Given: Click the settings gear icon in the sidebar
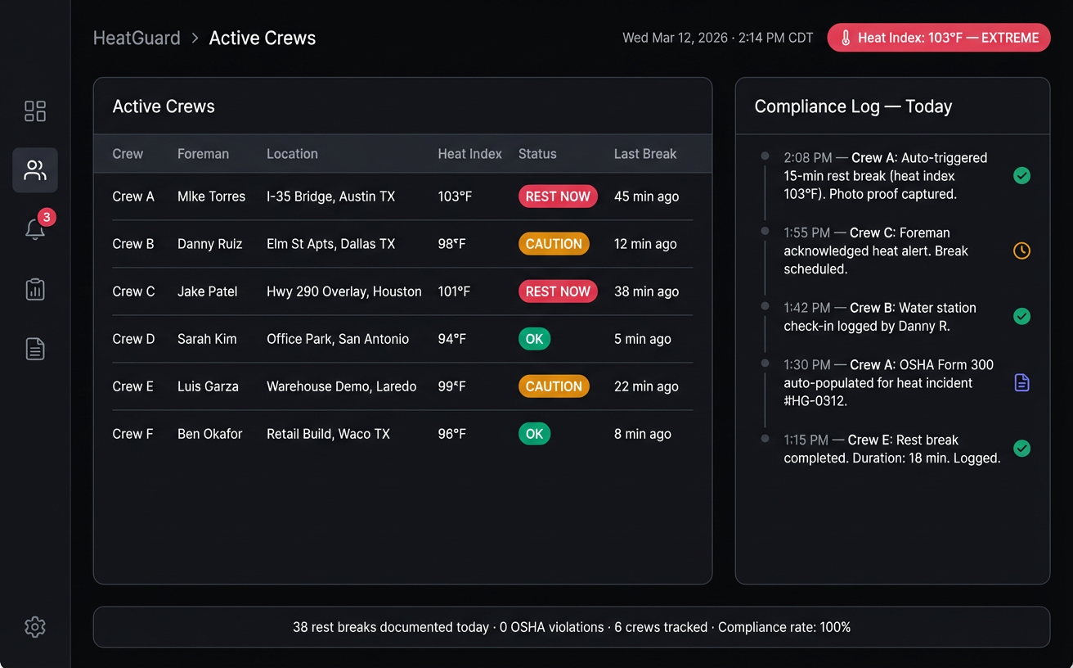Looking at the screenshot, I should point(34,627).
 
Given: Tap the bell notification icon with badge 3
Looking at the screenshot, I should point(35,229).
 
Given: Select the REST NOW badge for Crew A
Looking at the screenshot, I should point(558,196).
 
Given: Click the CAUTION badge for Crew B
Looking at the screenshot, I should point(554,244).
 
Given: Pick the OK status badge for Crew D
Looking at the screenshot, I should point(534,339).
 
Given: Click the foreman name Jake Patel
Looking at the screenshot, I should point(207,291).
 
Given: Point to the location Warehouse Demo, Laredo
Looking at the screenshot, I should point(341,386).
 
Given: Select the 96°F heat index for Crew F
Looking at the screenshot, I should point(451,434).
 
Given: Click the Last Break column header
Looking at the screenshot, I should point(645,154).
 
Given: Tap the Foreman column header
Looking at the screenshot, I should point(203,154).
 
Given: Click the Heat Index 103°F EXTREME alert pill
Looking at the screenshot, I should point(939,38).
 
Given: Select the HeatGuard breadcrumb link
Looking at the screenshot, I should point(137,38).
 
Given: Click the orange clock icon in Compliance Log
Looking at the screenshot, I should point(1021,250).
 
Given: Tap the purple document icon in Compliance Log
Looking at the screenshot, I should point(1021,382).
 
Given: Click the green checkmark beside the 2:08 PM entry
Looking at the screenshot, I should point(1021,175).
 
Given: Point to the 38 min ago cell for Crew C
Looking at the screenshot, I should point(646,291).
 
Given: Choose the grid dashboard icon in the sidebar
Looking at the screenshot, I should point(35,111).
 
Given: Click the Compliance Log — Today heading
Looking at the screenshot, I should point(853,106).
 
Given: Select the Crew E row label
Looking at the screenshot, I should point(132,386).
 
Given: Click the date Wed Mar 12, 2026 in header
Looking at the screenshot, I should point(675,38).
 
